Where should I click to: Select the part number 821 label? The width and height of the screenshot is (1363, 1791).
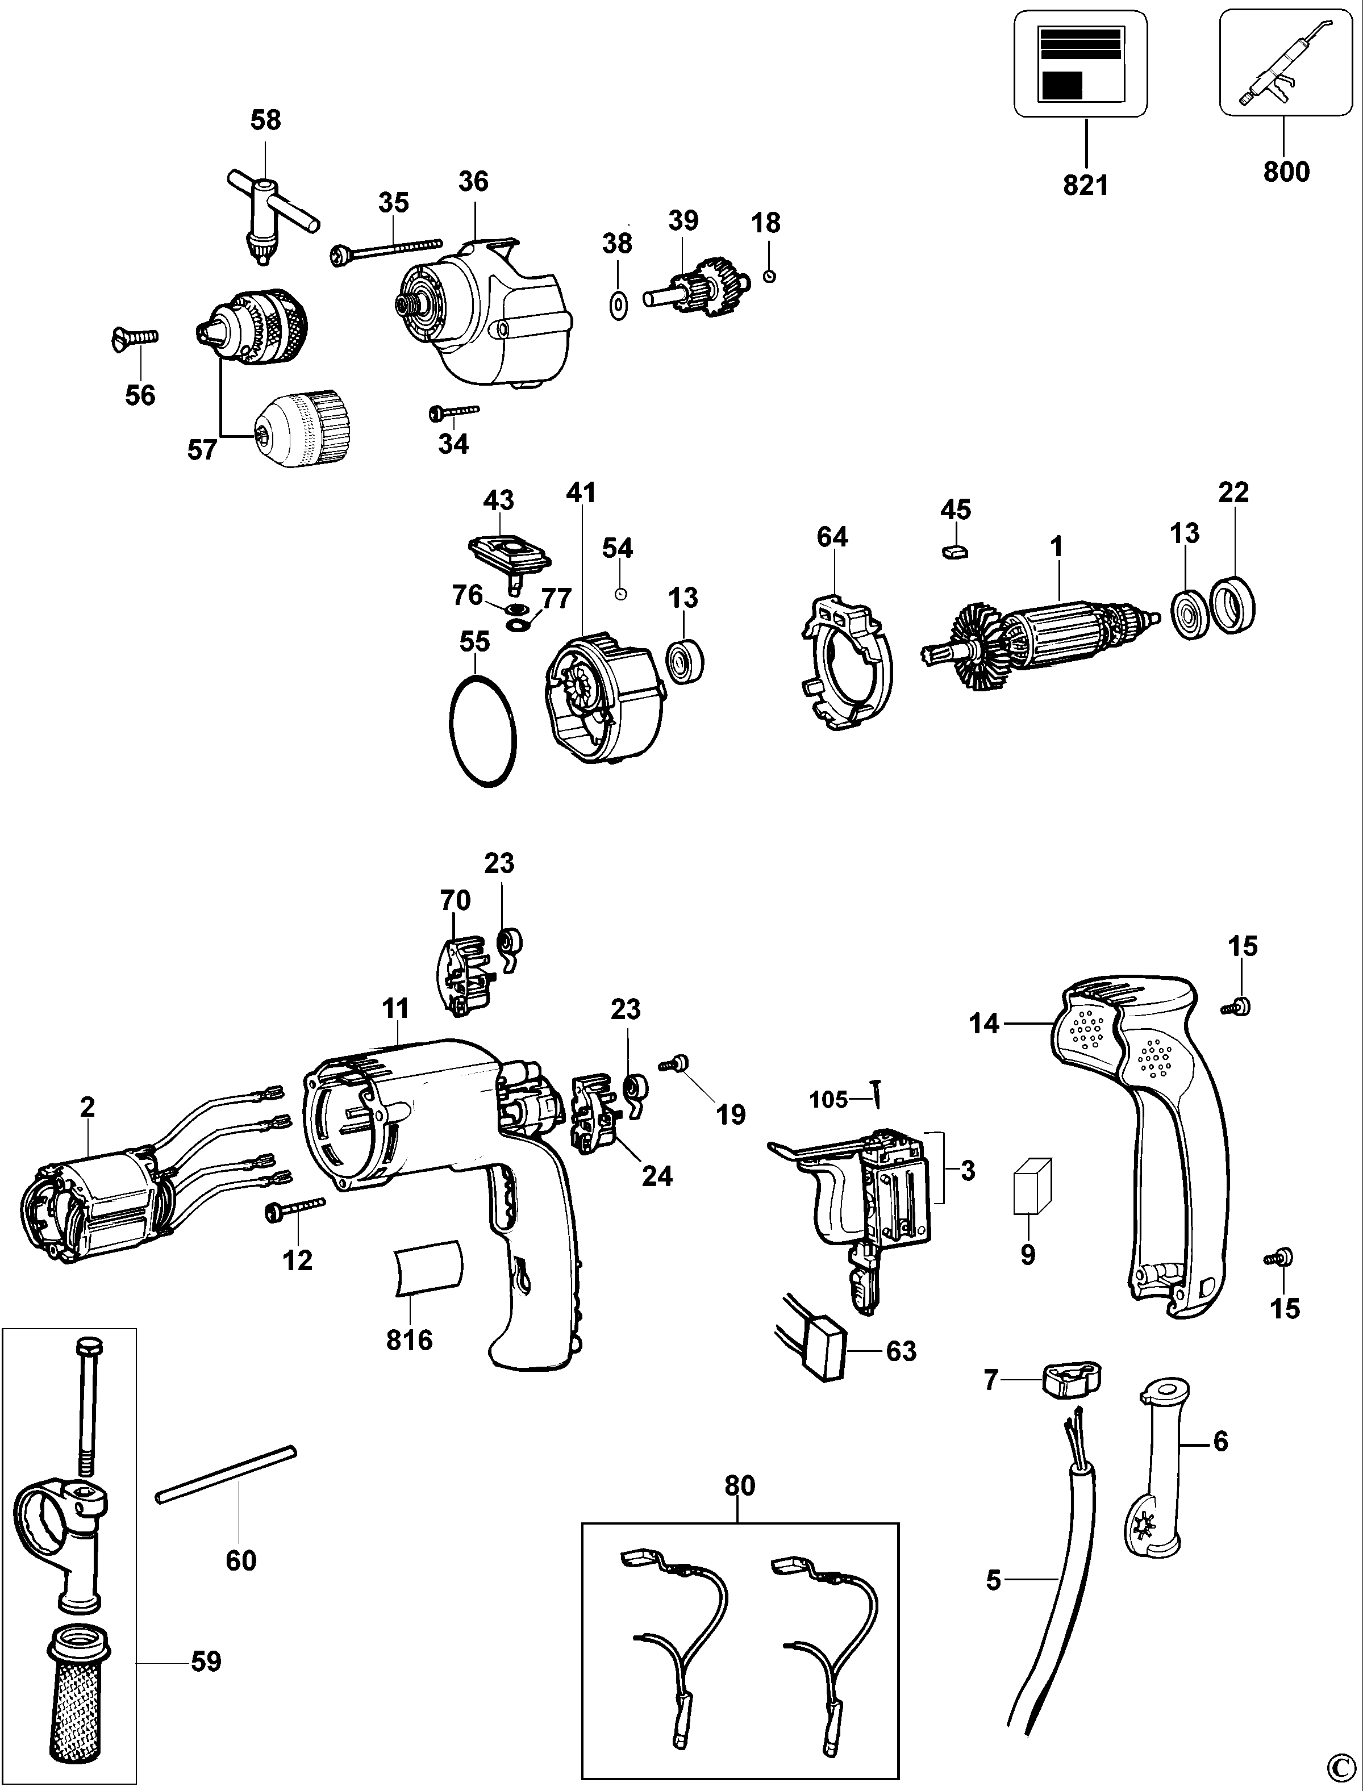coord(1086,186)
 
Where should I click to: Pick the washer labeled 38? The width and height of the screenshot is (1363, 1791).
coord(618,307)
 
